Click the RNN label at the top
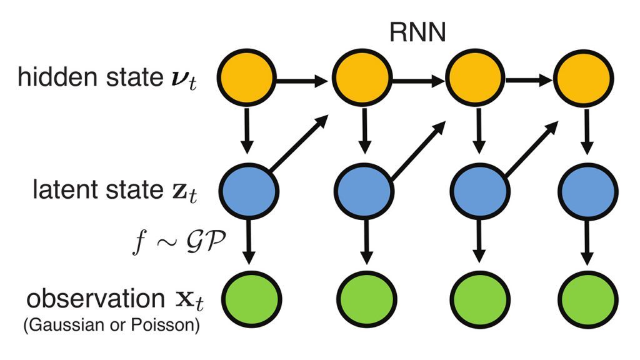pyautogui.click(x=418, y=32)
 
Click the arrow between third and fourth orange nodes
pyautogui.click(x=530, y=80)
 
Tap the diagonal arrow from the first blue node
pyautogui.click(x=299, y=142)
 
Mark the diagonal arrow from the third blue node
pyautogui.click(x=530, y=142)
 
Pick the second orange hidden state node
pyautogui.click(x=361, y=79)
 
